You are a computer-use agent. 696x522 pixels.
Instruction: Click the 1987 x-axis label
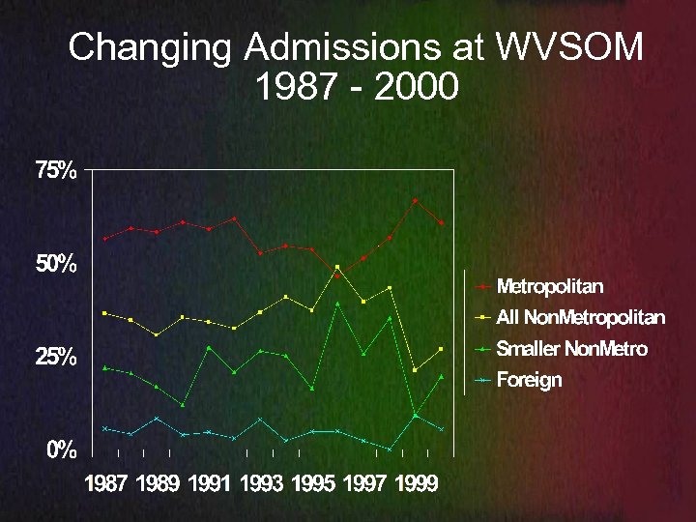(x=105, y=484)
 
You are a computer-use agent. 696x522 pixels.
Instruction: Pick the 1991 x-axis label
(x=209, y=484)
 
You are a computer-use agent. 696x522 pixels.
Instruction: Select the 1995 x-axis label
(x=312, y=484)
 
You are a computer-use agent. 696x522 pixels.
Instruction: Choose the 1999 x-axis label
(x=416, y=484)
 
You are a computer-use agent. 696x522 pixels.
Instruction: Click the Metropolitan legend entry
(x=549, y=286)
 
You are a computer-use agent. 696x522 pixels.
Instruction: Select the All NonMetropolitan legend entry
(x=580, y=317)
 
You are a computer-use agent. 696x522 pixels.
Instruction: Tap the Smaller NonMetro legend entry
(x=571, y=348)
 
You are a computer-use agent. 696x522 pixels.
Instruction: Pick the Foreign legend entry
(x=529, y=380)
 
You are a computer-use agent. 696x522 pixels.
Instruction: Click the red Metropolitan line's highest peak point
(x=416, y=201)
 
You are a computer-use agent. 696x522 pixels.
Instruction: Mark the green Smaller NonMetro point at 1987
(x=105, y=367)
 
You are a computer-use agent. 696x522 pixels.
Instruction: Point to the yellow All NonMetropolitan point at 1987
(x=105, y=313)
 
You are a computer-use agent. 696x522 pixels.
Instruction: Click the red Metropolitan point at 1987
(x=105, y=239)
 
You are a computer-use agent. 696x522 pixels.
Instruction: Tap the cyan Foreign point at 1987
(x=105, y=428)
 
